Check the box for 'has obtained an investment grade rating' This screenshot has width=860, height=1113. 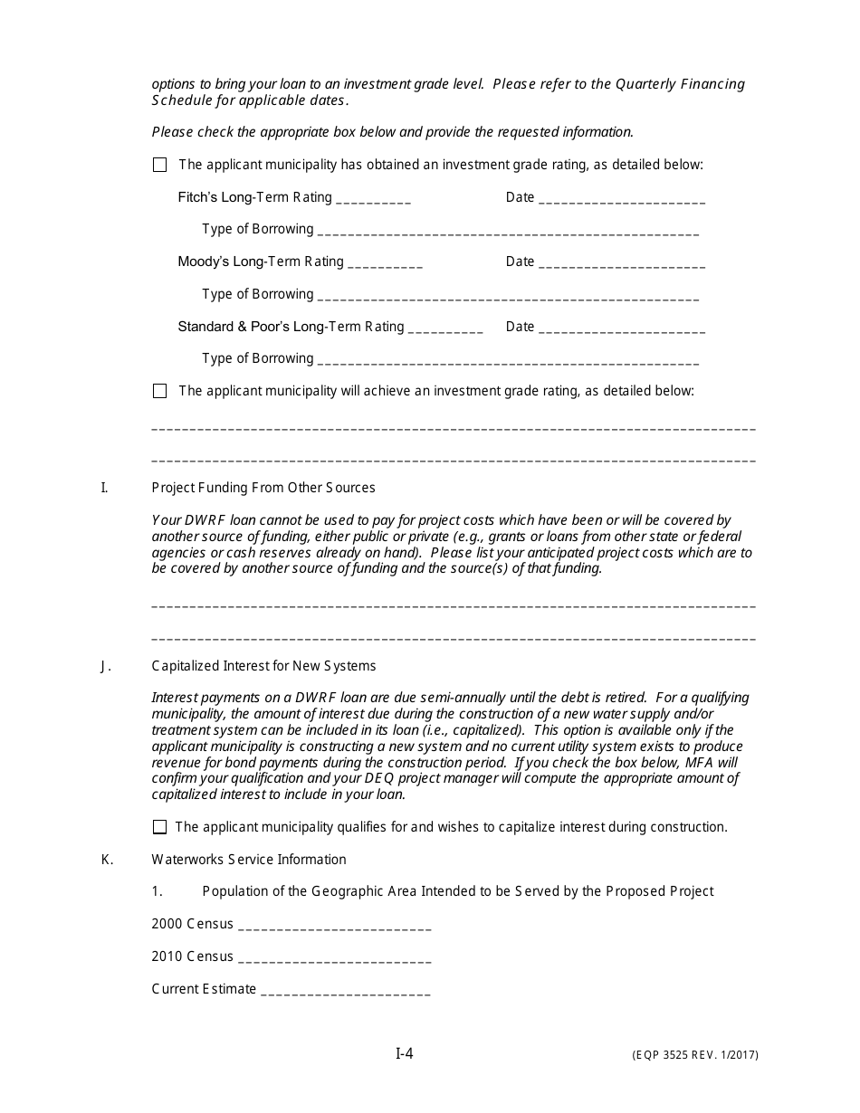(x=160, y=165)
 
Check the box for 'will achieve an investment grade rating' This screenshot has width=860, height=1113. (x=160, y=391)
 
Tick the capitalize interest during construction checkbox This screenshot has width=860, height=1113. (x=160, y=827)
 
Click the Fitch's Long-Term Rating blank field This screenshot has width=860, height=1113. (x=373, y=199)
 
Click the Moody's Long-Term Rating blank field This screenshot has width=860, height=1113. (x=385, y=263)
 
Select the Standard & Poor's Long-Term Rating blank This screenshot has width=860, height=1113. (x=445, y=328)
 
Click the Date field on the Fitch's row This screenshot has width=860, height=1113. (x=622, y=199)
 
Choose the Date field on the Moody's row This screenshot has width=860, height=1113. (x=622, y=263)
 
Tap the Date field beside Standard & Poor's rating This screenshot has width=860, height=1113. (x=622, y=328)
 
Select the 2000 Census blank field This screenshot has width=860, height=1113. (x=334, y=926)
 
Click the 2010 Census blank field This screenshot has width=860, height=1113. (x=334, y=958)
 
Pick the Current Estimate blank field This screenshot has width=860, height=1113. (x=345, y=991)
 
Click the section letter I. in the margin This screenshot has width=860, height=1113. (x=104, y=488)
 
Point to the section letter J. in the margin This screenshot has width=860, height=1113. (x=106, y=666)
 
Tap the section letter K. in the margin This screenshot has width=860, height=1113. (x=107, y=860)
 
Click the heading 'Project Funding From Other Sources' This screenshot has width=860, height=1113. (x=263, y=488)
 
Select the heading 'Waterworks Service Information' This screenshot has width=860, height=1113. (x=249, y=860)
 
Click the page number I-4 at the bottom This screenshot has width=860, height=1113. (x=405, y=1053)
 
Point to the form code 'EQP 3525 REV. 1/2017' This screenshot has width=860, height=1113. (x=695, y=1055)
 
